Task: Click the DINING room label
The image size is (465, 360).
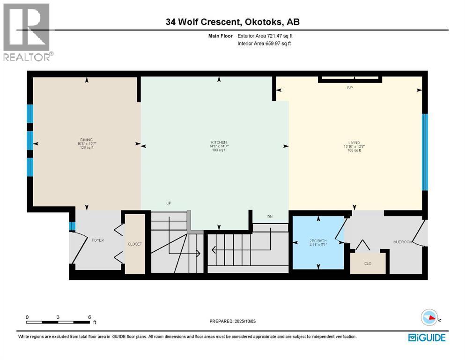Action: tap(86, 140)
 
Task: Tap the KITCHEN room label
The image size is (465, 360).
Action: tap(218, 142)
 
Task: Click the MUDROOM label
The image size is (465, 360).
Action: tap(402, 242)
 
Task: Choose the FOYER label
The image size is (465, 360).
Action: tap(97, 240)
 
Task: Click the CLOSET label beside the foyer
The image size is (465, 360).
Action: tap(135, 244)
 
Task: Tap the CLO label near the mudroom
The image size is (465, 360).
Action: tap(368, 263)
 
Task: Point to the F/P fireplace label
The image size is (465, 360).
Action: tap(349, 88)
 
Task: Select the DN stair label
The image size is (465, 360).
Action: tap(270, 217)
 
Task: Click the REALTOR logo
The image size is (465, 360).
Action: tap(27, 32)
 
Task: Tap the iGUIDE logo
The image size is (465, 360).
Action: tap(427, 337)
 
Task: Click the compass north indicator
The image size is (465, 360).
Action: tap(430, 318)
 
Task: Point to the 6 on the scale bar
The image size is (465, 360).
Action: tap(89, 317)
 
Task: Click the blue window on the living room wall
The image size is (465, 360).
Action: tap(425, 152)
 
